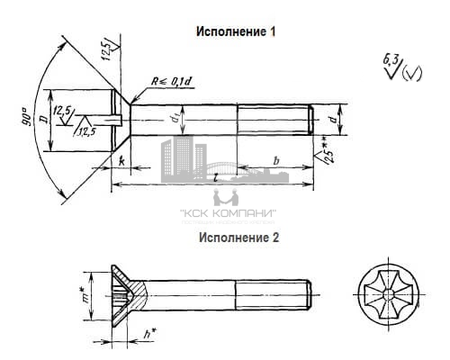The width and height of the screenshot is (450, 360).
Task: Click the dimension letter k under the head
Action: tap(120, 160)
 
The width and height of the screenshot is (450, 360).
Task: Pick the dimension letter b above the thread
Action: tap(275, 160)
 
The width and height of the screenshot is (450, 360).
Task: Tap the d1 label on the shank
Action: tap(176, 116)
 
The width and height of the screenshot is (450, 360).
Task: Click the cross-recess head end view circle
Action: tap(387, 293)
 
